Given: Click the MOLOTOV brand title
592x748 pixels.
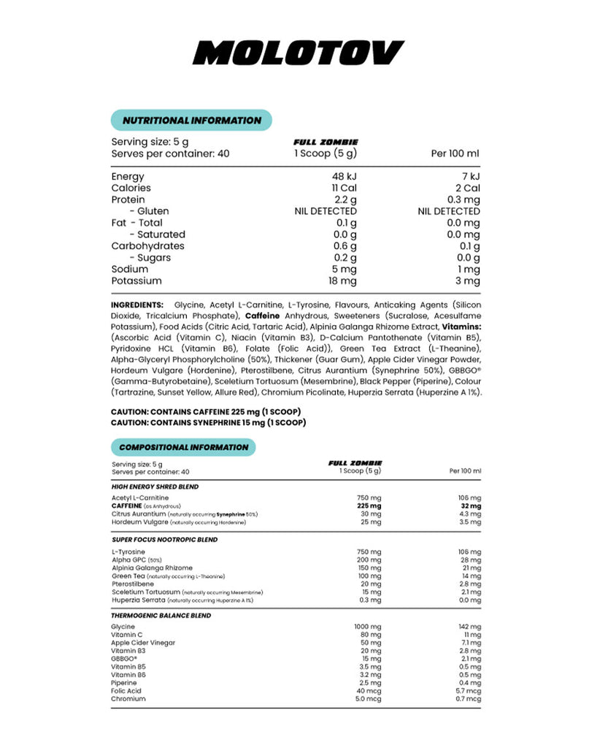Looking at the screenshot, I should tap(300, 53).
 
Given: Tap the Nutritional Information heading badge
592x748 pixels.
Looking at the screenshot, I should tap(191, 121).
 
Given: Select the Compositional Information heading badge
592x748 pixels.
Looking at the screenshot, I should tap(183, 447).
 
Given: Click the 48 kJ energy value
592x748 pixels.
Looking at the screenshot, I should tap(343, 176).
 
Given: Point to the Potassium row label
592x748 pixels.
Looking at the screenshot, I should tap(137, 280).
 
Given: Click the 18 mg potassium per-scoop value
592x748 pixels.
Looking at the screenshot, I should tap(342, 280).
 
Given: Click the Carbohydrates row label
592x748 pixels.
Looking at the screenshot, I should tap(147, 245).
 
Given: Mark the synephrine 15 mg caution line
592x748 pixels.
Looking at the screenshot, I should tap(208, 422).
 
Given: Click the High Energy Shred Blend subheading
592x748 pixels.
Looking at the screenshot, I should tap(155, 486).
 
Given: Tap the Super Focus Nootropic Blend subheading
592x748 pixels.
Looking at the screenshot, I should tap(165, 539).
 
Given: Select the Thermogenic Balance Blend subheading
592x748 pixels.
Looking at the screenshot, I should tap(161, 616).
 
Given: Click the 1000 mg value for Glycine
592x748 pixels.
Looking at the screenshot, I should tap(367, 627).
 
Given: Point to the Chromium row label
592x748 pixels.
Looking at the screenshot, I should tap(128, 698).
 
